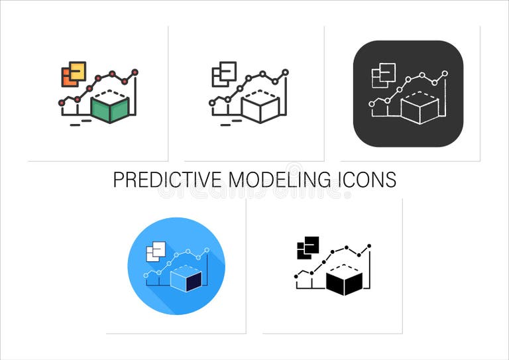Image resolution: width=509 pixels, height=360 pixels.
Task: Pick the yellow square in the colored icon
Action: (78, 70)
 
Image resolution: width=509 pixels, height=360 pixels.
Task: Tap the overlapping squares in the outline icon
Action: (223, 74)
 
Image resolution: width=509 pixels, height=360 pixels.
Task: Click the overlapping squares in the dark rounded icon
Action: (383, 75)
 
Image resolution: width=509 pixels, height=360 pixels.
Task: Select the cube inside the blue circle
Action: (186, 279)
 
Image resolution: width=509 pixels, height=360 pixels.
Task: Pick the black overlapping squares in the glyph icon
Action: (308, 247)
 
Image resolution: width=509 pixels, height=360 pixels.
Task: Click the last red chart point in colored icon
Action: (135, 71)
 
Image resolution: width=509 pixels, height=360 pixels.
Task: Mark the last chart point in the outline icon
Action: (286, 71)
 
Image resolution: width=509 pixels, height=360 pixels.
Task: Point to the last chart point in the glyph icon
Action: (369, 246)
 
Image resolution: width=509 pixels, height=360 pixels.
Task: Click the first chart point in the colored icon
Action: (62, 103)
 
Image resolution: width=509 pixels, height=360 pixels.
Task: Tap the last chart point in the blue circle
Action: (207, 250)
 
